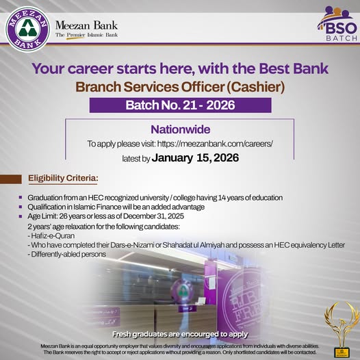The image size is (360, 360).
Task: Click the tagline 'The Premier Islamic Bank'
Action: tap(86, 35)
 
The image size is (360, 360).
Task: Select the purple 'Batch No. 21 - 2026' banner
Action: tap(179, 105)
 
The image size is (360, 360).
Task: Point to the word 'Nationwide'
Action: tap(180, 129)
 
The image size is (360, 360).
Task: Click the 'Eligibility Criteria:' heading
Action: tap(62, 179)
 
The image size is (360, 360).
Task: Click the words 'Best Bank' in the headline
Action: tap(294, 68)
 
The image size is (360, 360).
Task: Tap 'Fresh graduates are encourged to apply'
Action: tap(179, 333)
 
